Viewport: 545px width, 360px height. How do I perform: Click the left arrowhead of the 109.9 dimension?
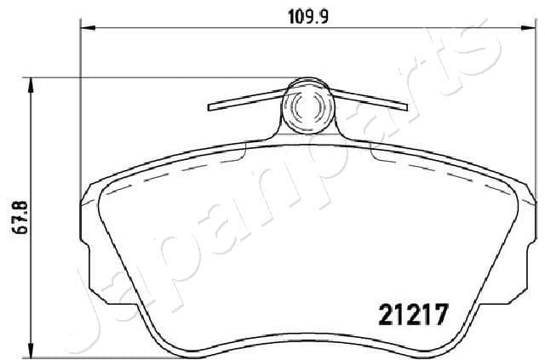coord(85,27)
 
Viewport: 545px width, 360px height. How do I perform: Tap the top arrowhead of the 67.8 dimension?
coord(32,83)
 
